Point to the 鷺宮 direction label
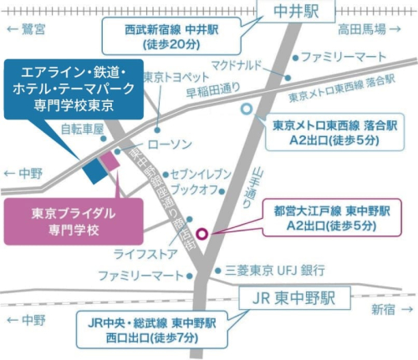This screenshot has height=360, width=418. click(32, 28)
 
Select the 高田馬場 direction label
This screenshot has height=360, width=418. click(364, 30)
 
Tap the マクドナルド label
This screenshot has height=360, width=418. click(235, 63)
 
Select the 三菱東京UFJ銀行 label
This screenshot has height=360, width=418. click(275, 270)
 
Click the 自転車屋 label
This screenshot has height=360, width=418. click(82, 129)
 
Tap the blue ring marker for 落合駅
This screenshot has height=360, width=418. click(246, 108)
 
